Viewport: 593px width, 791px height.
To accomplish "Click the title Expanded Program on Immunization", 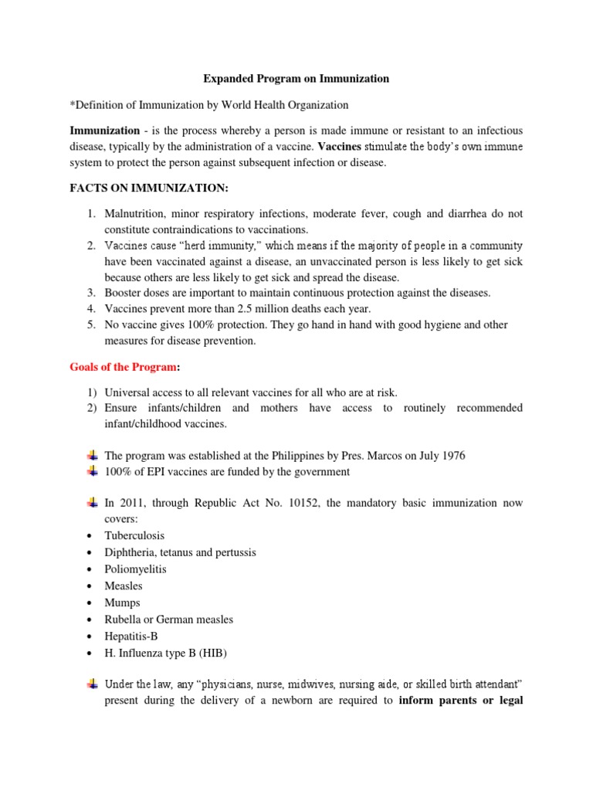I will click(x=296, y=79).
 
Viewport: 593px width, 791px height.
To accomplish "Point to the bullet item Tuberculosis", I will click(x=134, y=535).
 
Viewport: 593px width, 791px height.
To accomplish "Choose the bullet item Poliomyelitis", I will click(x=135, y=569).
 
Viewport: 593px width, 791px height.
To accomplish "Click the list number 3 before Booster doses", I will click(x=90, y=293).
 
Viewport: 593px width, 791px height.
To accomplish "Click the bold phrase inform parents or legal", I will click(x=459, y=703).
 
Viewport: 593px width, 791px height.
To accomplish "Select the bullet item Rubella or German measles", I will click(x=168, y=620).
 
